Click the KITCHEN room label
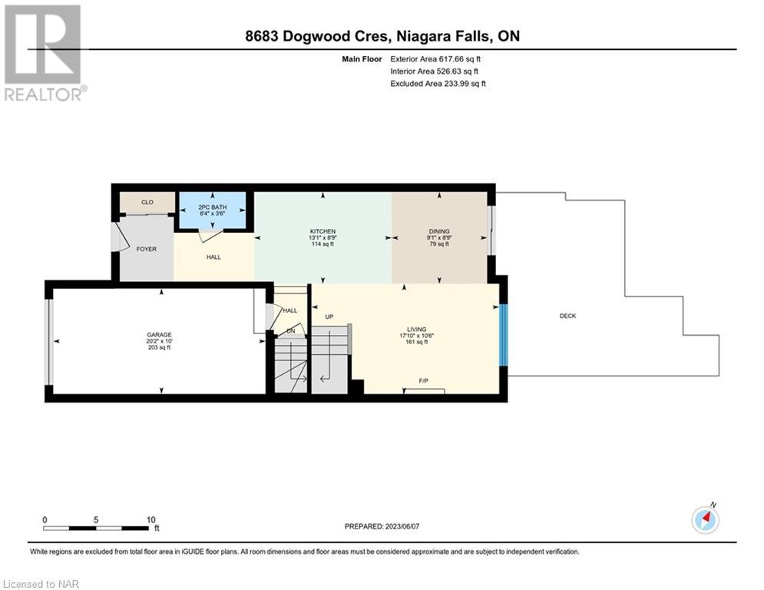322,231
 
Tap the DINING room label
439,231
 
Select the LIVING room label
417,329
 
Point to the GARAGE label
159,334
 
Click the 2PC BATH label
213,207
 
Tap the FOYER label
146,249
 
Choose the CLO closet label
147,202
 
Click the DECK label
567,316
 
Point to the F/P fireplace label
423,381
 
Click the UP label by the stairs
329,317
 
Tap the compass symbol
705,520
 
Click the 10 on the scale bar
151,520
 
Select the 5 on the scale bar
96,520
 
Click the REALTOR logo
43,53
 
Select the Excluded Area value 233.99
455,84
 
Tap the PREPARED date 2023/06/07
402,526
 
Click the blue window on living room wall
504,335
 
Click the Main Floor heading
362,59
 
